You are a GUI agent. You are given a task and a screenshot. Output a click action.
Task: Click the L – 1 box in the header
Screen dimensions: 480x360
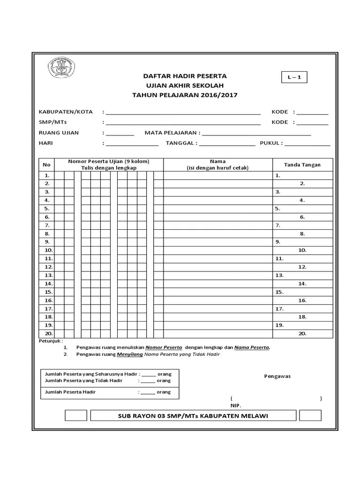coord(294,77)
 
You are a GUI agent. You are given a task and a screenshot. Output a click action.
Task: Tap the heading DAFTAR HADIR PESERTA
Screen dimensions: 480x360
coord(185,76)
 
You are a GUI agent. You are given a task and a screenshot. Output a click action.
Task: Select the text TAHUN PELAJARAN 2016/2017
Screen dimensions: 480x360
coord(185,95)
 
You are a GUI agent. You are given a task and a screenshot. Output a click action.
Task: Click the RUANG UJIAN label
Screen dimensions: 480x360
coord(59,133)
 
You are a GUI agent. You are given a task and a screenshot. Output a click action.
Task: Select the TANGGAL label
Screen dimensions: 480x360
coord(180,143)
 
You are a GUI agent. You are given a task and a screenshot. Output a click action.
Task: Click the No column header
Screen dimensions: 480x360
coord(46,165)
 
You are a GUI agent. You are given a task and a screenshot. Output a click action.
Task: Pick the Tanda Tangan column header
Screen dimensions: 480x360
coord(302,165)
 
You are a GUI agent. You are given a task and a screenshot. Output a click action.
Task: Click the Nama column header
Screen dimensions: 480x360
coord(217,165)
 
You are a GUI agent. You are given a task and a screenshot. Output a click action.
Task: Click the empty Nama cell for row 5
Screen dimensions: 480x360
coord(217,209)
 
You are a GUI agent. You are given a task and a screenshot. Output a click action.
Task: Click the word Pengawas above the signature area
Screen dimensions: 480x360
coord(277,376)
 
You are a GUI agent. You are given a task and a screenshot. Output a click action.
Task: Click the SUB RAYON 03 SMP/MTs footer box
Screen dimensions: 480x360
coord(193,416)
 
